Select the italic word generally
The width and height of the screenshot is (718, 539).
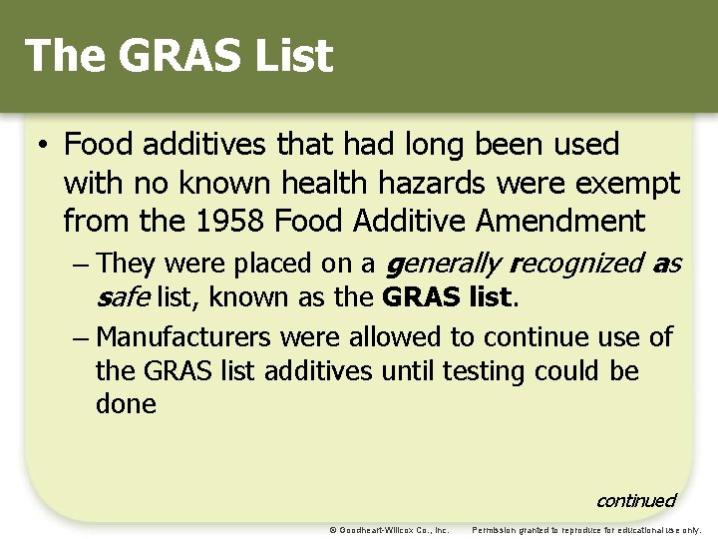(440, 265)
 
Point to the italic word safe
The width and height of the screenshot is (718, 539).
(123, 297)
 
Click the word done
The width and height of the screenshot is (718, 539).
(126, 404)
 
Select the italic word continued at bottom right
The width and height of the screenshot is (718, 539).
(636, 500)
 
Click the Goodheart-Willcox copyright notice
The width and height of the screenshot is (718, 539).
(388, 529)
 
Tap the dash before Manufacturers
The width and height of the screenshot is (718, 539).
(81, 336)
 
